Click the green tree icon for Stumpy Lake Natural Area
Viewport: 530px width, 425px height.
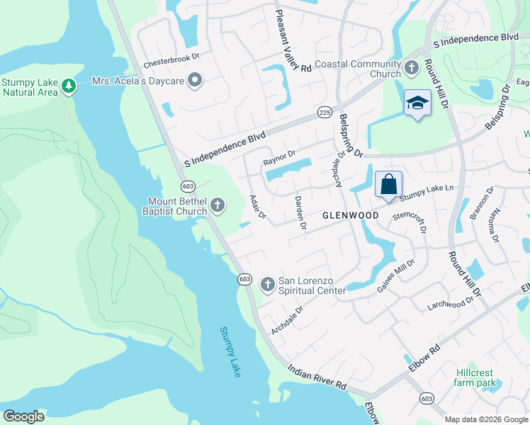68,86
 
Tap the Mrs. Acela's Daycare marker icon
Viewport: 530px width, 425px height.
194,81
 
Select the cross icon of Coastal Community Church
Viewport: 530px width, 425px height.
412,69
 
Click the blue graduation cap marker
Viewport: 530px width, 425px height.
417,103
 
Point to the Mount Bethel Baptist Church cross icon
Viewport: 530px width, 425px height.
218,206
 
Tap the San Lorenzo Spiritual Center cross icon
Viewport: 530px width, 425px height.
267,285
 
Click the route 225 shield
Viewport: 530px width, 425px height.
325,113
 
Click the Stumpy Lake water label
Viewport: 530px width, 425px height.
230,351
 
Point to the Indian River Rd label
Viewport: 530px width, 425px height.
317,375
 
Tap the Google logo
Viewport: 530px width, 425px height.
23,416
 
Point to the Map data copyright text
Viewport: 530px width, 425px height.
485,419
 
